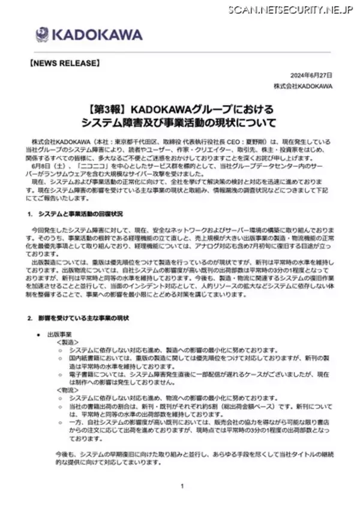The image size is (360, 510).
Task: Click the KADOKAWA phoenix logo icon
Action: pyautogui.click(x=43, y=35)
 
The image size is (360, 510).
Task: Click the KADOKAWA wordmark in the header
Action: pyautogui.click(x=88, y=35)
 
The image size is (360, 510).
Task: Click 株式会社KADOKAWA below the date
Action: pyautogui.click(x=298, y=86)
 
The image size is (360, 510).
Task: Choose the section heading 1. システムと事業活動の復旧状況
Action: pyautogui.click(x=75, y=214)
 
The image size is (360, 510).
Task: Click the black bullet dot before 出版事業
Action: pyautogui.click(x=38, y=334)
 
